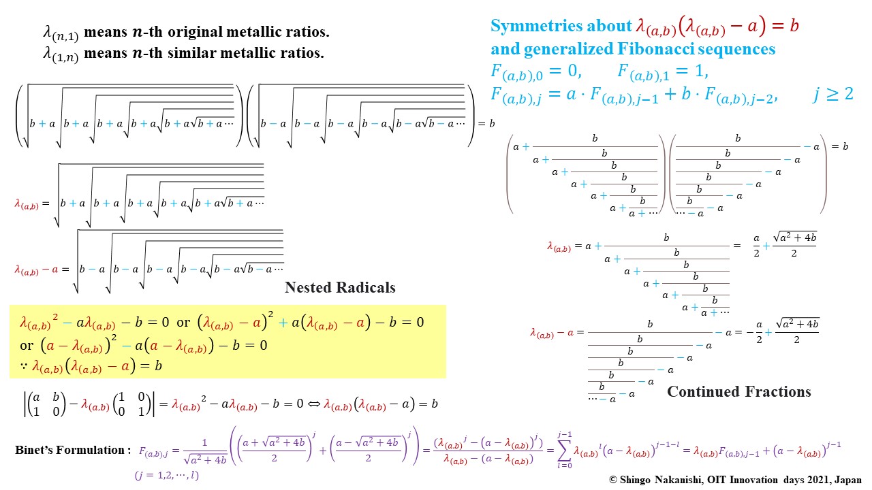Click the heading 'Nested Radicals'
click(x=340, y=288)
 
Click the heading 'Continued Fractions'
click(x=739, y=391)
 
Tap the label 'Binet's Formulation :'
click(x=72, y=450)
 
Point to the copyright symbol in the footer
click(x=613, y=479)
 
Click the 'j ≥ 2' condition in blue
click(x=832, y=94)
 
